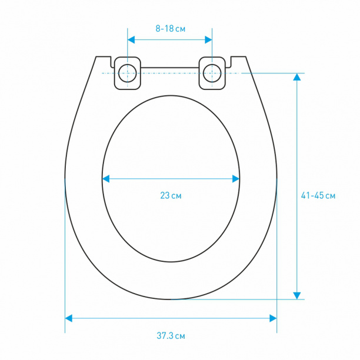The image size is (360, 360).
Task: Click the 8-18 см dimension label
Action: (171, 29)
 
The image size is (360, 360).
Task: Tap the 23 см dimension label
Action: (171, 196)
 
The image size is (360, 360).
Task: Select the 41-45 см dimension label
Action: (318, 196)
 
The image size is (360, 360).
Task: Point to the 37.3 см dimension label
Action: (171, 336)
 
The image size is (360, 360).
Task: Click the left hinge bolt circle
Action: (128, 74)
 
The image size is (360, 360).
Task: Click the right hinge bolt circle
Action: (212, 74)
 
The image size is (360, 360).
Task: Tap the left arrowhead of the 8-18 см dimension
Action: (131, 40)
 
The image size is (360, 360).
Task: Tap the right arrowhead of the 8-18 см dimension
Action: (208, 40)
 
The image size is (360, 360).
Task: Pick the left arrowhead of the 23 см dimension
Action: (106, 179)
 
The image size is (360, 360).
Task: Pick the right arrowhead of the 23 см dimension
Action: (236, 179)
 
